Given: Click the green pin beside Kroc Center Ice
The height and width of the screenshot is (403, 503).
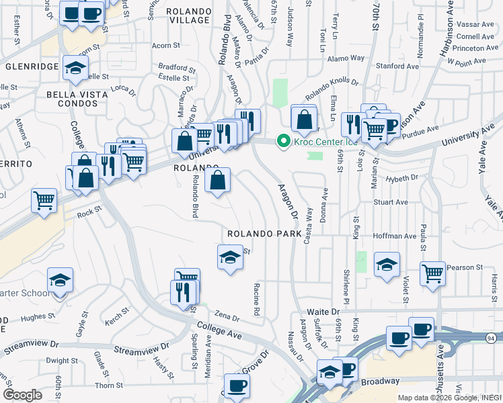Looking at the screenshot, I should (x=283, y=141).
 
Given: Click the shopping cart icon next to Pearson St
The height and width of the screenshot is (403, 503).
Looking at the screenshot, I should (x=432, y=272).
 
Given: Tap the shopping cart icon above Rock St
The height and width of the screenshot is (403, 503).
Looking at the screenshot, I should (x=44, y=199).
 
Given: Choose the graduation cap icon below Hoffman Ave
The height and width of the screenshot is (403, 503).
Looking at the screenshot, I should (x=387, y=264).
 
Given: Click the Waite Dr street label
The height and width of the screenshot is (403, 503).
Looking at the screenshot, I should (x=323, y=312).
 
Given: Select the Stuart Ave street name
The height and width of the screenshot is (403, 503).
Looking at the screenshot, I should (x=391, y=201).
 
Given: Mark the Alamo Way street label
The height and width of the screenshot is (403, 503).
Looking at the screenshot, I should (x=346, y=58).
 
